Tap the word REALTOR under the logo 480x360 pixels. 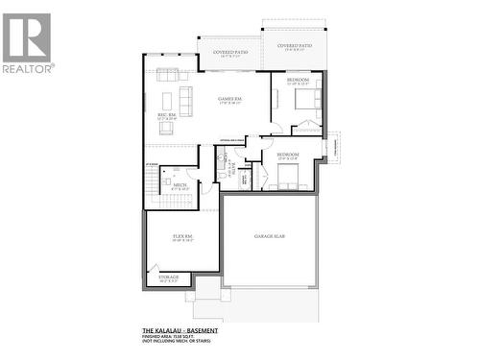[x=28, y=68]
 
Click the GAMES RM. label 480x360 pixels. [x=228, y=100]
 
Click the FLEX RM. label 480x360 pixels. [x=182, y=235]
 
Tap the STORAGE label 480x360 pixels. [x=168, y=277]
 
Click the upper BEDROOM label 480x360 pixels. [x=298, y=80]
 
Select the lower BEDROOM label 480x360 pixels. [x=288, y=155]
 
